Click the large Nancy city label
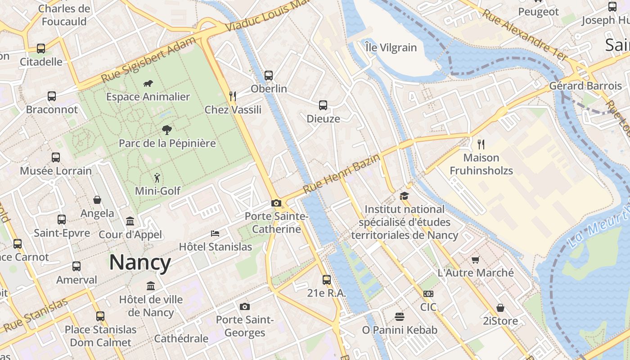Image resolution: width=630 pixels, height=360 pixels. [x=140, y=262]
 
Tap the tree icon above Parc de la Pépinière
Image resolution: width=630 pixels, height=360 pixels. [x=167, y=130]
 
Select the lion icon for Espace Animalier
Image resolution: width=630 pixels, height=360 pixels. [x=148, y=83]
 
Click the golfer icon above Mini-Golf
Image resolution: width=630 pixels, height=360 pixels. [x=157, y=178]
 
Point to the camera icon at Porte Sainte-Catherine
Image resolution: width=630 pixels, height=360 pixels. [x=276, y=203]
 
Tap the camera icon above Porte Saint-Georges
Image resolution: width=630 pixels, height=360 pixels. [x=244, y=306]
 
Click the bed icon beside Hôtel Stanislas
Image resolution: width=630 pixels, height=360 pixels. [x=216, y=233]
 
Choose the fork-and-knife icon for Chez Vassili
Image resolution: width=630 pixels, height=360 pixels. [x=233, y=96]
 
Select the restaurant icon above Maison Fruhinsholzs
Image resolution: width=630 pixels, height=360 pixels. [x=481, y=144]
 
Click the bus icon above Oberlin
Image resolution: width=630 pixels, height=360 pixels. [x=269, y=75]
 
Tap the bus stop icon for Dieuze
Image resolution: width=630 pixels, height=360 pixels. [x=323, y=105]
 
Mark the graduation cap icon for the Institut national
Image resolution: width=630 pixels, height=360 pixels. [x=404, y=196]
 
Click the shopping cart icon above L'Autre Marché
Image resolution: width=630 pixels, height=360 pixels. [x=476, y=260]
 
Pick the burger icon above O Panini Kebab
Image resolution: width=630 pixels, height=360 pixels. [x=400, y=316]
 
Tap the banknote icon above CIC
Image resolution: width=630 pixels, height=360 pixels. [x=428, y=293]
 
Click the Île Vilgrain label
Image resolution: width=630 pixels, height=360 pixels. [x=391, y=47]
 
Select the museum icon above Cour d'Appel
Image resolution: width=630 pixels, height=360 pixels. [x=130, y=221]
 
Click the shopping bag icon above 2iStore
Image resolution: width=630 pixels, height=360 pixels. [x=500, y=307]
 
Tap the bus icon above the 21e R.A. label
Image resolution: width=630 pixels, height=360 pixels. [x=327, y=279]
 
